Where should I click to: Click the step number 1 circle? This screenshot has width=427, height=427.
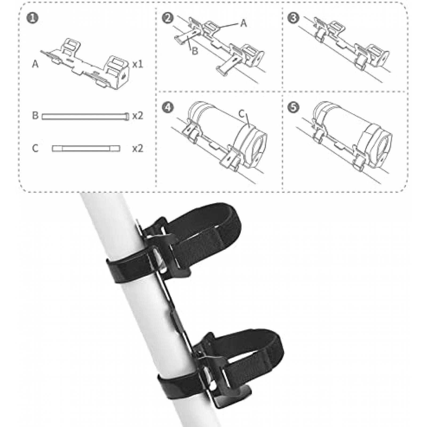pos(33,18)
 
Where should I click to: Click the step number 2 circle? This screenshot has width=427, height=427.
pos(168,18)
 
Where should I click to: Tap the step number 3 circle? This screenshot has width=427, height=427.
pos(294,18)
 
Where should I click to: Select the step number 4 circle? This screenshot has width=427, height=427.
pos(168,108)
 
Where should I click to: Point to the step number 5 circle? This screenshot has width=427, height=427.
pos(294,108)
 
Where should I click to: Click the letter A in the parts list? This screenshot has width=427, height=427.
pos(35,64)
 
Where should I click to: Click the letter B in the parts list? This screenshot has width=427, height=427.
pos(35,116)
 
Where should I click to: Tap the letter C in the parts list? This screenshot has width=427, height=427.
pos(35,148)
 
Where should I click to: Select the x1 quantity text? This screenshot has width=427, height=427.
pos(137,64)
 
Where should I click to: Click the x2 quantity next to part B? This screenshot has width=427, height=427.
pos(138,116)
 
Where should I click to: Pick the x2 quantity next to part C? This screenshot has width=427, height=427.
pos(138,148)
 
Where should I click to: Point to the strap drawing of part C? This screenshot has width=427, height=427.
pos(86,148)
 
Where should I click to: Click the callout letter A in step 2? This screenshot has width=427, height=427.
pos(243,23)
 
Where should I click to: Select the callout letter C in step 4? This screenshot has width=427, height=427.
pos(242,114)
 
